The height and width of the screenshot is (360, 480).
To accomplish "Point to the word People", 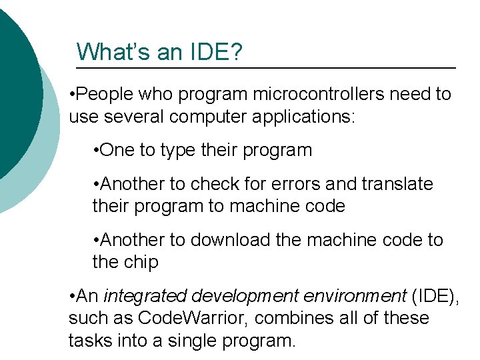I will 105,95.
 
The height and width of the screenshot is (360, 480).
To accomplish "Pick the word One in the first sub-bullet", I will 117,150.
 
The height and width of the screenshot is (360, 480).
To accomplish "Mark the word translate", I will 397,183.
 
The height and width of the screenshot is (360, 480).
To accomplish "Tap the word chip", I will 140,262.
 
